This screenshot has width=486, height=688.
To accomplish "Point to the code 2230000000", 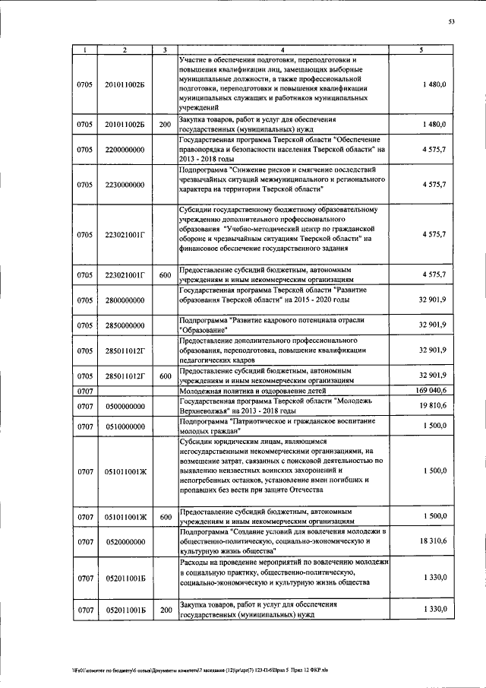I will (x=125, y=184).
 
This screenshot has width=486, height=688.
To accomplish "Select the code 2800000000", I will (x=125, y=301).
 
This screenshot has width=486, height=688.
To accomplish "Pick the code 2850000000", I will (x=125, y=325).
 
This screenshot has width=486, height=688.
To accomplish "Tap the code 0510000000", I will (x=125, y=426).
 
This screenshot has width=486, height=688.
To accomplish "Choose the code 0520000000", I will (x=125, y=541).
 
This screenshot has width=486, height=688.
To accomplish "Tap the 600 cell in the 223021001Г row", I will (x=165, y=274).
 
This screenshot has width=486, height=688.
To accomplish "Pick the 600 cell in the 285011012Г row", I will (x=165, y=376).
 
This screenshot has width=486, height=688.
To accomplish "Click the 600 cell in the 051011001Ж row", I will (x=165, y=517).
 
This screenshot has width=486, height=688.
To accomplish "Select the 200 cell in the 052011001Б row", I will (x=165, y=610).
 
